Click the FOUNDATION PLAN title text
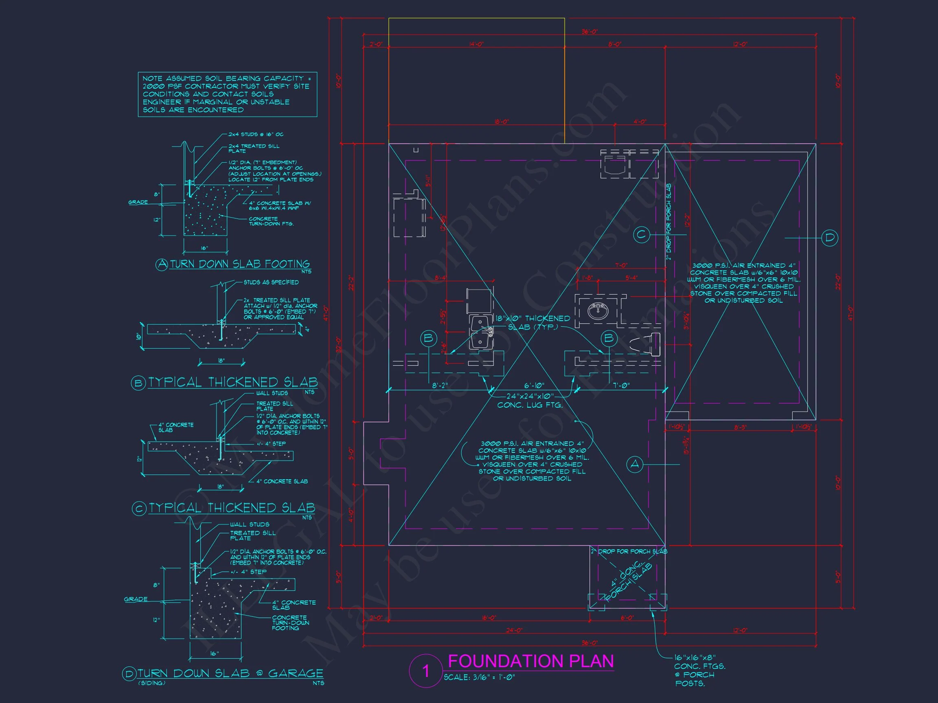point(530,661)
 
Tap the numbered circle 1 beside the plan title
point(426,671)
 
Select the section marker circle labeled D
point(830,238)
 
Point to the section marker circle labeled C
point(641,234)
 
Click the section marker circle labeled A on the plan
point(634,465)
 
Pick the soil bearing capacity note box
point(227,94)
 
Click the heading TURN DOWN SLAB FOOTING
point(239,264)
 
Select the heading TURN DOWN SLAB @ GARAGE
point(230,673)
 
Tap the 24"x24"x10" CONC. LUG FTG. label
point(530,400)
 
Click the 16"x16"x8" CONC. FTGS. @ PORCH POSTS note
point(699,670)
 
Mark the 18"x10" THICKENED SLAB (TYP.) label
point(533,323)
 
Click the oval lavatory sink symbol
point(598,310)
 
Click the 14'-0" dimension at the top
point(476,44)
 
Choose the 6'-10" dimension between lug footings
point(534,386)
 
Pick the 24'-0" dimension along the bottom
point(513,631)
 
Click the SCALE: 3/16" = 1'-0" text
point(479,677)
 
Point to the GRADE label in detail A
point(138,202)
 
